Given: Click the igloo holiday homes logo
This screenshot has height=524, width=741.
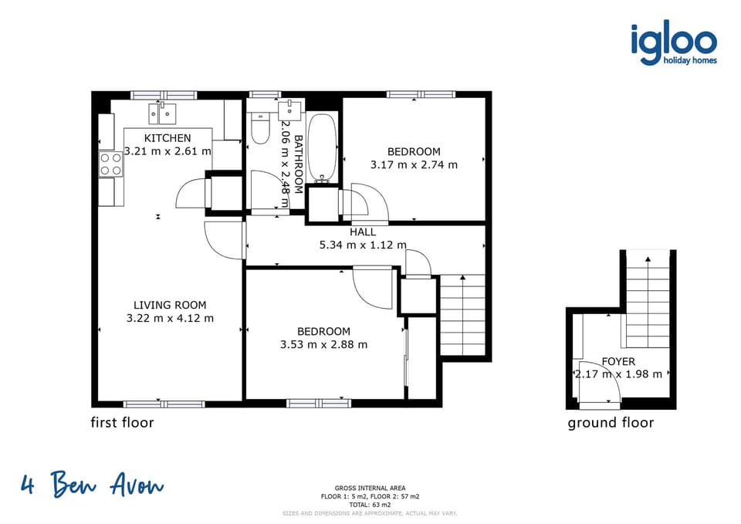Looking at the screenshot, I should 673,44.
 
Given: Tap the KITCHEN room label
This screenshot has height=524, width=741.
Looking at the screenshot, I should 167,138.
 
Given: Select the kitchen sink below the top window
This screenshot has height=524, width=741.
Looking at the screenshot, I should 164,113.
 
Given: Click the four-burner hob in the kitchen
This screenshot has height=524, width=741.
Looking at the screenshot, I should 110,164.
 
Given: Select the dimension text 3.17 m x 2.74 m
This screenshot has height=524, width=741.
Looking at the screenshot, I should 414,164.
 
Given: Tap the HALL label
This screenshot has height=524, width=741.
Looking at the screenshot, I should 363,232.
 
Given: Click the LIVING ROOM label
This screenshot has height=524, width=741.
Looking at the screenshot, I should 169,305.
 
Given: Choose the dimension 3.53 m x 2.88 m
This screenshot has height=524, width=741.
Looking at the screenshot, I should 323,344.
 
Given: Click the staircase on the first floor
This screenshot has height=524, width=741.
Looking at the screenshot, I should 462,314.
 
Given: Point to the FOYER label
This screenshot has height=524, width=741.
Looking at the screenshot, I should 618,361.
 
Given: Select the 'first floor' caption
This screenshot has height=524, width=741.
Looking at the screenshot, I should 122,422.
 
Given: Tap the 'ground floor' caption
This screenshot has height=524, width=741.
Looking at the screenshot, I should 611,422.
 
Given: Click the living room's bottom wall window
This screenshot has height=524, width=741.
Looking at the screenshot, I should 164,404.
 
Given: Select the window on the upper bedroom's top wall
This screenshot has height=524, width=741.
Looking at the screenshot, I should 421,95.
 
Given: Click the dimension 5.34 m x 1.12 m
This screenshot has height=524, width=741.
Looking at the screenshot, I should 363,245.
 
